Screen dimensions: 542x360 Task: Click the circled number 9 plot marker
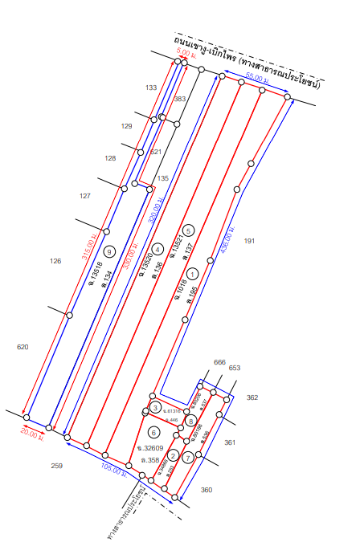point(109,250)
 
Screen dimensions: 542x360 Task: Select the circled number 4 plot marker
point(158,247)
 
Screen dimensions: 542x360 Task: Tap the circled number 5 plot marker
point(188,230)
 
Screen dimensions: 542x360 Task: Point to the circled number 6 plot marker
point(154,432)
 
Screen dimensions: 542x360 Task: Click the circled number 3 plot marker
point(155,409)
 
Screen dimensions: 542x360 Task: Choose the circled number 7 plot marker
point(187,457)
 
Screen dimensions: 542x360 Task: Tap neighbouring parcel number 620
point(22,347)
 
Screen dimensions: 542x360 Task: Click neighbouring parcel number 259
point(57,466)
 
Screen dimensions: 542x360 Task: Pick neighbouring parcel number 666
point(219,362)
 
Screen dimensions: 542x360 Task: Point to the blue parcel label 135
point(162,178)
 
